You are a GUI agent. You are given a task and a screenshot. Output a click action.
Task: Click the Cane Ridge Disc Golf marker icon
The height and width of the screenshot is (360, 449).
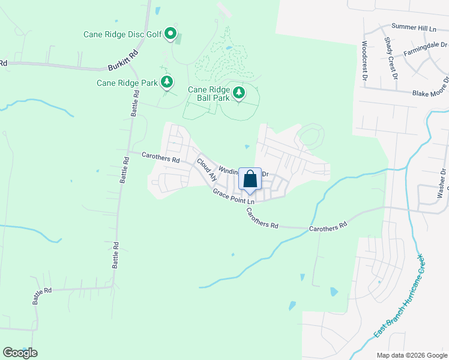(170, 34)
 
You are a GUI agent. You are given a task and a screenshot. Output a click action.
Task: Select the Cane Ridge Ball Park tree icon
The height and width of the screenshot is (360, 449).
(239, 92)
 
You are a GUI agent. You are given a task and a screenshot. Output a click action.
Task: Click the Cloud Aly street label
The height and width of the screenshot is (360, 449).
(206, 170)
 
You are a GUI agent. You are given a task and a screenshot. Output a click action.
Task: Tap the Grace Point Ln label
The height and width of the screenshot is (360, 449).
(234, 197)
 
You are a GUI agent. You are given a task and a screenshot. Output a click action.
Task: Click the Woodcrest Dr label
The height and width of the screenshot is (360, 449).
(364, 61)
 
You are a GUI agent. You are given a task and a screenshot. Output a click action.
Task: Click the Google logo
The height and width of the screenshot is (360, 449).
(20, 353)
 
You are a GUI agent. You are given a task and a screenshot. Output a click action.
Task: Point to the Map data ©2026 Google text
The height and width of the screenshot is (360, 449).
(411, 355)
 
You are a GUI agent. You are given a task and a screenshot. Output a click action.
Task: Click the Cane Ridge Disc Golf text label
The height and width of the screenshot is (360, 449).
(122, 34)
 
